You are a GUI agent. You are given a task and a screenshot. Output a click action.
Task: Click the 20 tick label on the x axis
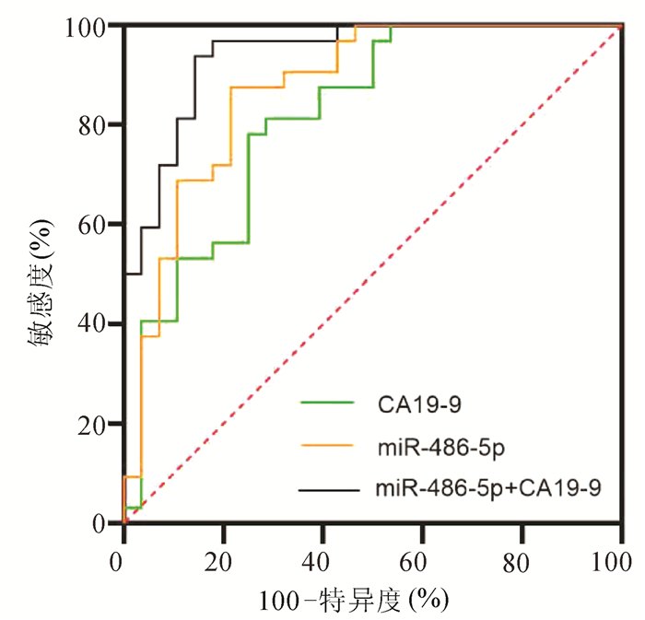pyautogui.click(x=222, y=559)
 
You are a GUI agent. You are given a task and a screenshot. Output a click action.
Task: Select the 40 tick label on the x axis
pyautogui.click(x=322, y=559)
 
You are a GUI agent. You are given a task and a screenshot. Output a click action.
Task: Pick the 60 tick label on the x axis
pyautogui.click(x=422, y=559)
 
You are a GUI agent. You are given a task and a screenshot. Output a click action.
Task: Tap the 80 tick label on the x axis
pyautogui.click(x=522, y=559)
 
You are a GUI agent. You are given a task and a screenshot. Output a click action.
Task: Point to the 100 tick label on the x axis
pyautogui.click(x=619, y=559)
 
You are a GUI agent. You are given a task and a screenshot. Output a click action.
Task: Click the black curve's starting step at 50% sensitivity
pyautogui.click(x=134, y=274)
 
